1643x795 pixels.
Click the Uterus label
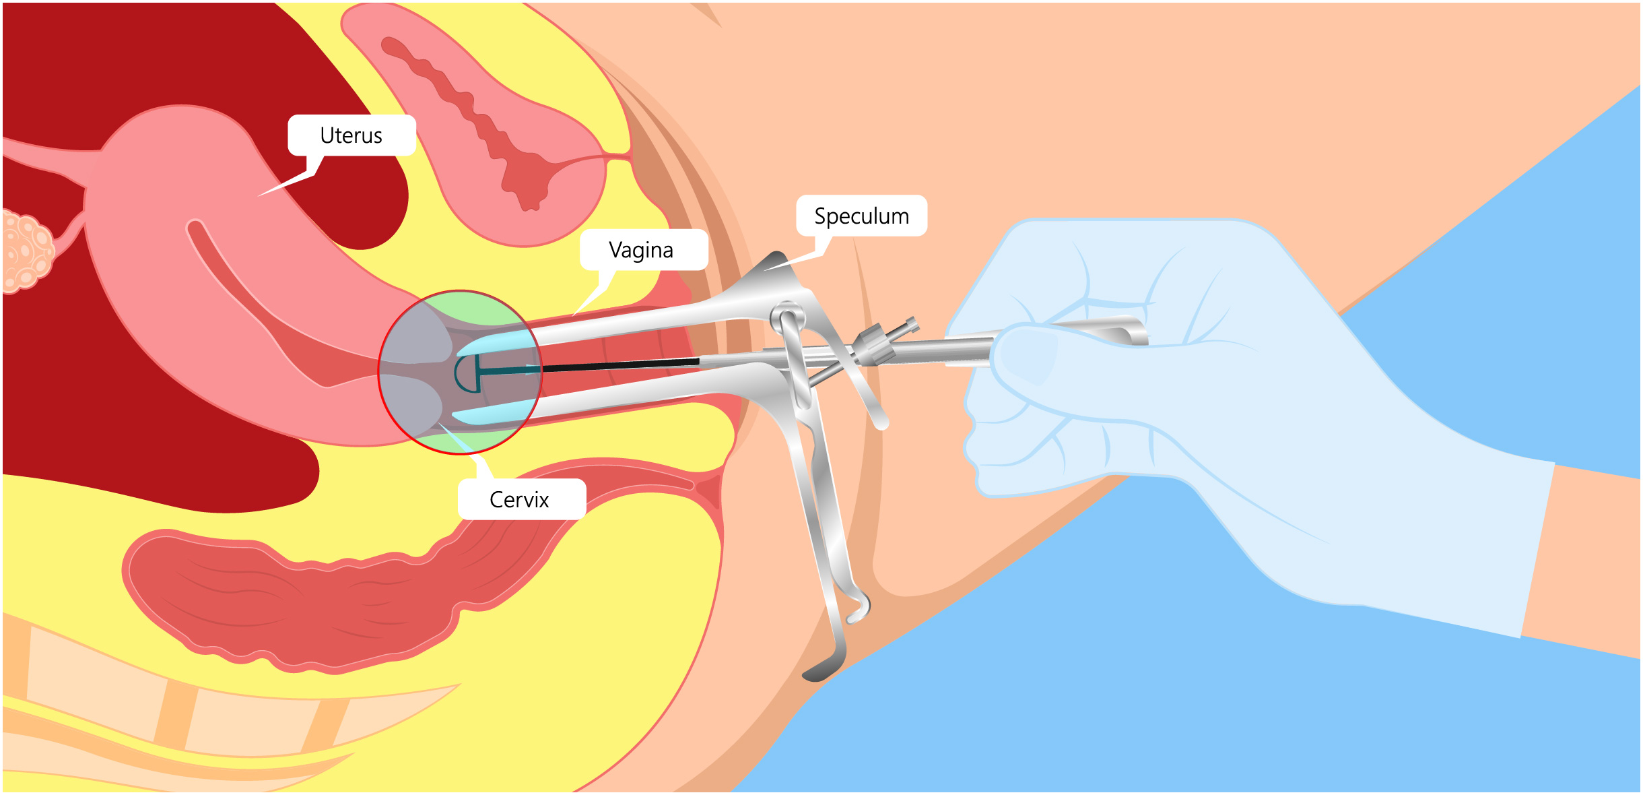click(x=351, y=135)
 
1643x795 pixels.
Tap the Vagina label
click(x=641, y=250)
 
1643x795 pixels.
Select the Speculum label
click(x=861, y=216)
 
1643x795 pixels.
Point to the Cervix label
click(x=519, y=499)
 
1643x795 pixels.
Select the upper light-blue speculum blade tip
click(x=492, y=343)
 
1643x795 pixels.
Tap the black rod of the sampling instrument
click(x=619, y=366)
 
